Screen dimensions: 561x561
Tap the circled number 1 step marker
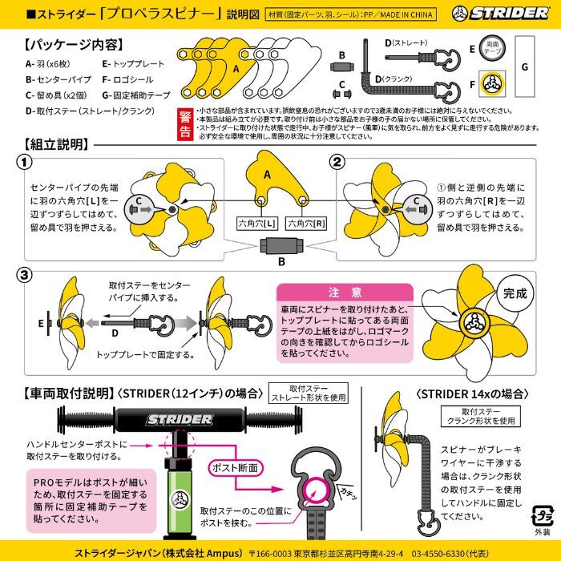tap(26, 163)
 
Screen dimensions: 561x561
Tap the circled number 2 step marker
tap(337, 163)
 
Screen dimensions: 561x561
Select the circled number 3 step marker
tap(26, 274)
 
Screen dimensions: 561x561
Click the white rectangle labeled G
tap(524, 68)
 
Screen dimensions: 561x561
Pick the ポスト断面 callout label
tap(234, 466)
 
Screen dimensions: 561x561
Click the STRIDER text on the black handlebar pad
tap(179, 419)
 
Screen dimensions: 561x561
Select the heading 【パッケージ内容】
tap(63, 46)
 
